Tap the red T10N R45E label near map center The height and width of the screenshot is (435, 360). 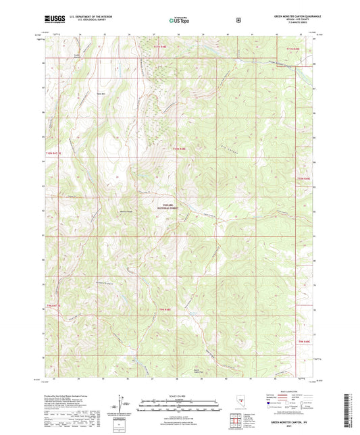point(177,148)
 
